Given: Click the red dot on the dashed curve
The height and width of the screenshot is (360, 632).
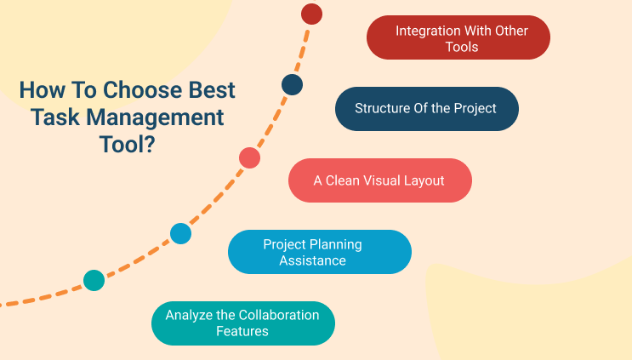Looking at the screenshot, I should click(x=312, y=14).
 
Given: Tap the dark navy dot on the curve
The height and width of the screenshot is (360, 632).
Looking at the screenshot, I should click(x=292, y=84).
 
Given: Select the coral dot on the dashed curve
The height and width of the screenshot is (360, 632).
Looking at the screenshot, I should click(x=249, y=157).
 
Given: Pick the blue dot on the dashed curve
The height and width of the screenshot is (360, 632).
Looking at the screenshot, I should click(x=180, y=233).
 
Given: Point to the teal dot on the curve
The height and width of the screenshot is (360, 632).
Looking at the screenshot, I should click(x=94, y=280).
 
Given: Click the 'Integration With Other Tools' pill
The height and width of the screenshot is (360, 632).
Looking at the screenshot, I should click(x=458, y=38).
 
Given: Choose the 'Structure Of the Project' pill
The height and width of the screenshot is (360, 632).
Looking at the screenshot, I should click(x=426, y=109).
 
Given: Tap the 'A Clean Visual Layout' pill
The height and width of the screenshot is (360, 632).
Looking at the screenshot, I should click(x=379, y=180).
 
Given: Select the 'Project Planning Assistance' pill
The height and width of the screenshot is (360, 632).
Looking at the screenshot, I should click(x=320, y=252).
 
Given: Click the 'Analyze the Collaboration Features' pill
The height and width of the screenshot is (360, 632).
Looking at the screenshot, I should click(x=242, y=323).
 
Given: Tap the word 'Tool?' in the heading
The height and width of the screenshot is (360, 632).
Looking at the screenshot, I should click(x=127, y=144).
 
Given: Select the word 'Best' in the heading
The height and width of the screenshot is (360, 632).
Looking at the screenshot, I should click(x=213, y=90).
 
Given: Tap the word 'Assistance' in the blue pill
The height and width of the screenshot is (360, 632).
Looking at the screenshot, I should click(x=313, y=260).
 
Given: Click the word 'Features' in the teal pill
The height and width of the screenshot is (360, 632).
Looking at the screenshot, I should click(x=242, y=331).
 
